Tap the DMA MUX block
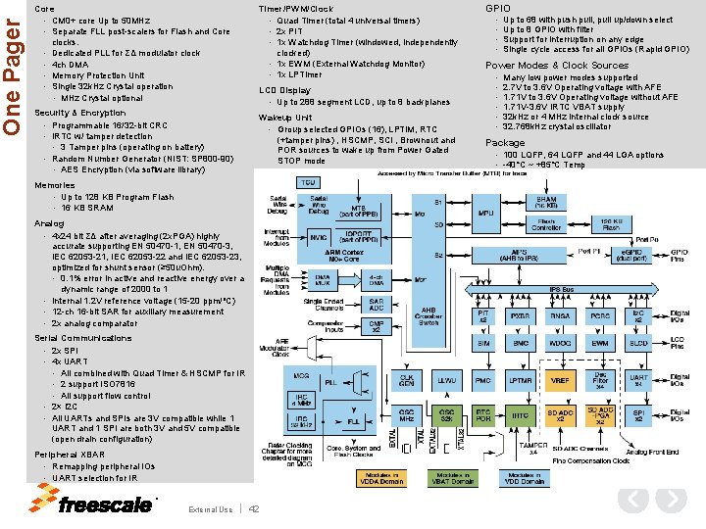pos(323,278)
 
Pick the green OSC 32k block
pos(446,415)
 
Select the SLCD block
pos(638,344)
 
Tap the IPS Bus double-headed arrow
pos(561,290)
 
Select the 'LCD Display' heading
pos(284,90)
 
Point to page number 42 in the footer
pos(254,508)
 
